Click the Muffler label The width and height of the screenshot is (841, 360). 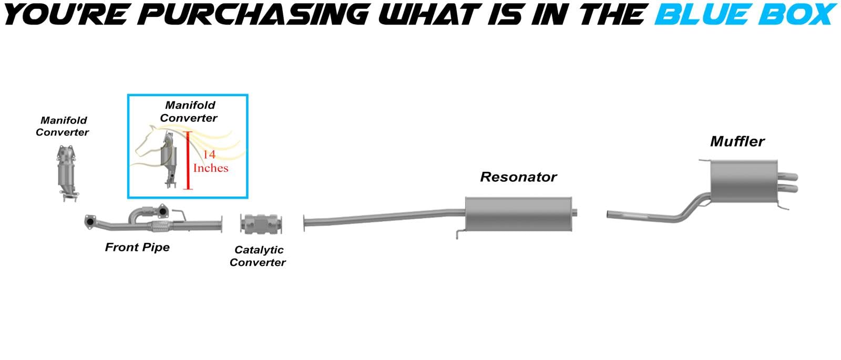click(737, 141)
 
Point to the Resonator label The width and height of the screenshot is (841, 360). click(518, 177)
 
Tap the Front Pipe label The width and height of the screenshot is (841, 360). click(137, 247)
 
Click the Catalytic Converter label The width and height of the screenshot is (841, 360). click(258, 256)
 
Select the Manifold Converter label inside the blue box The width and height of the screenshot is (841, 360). click(189, 111)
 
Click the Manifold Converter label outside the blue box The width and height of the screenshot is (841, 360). click(63, 126)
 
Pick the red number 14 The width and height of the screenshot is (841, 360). click(209, 155)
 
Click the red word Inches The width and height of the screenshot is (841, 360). click(211, 168)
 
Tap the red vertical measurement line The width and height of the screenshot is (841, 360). click(188, 160)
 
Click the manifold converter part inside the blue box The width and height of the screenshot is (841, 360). click(169, 158)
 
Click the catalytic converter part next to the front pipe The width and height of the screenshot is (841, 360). click(261, 224)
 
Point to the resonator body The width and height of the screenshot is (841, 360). click(518, 213)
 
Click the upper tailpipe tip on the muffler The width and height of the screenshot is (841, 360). click(788, 177)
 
